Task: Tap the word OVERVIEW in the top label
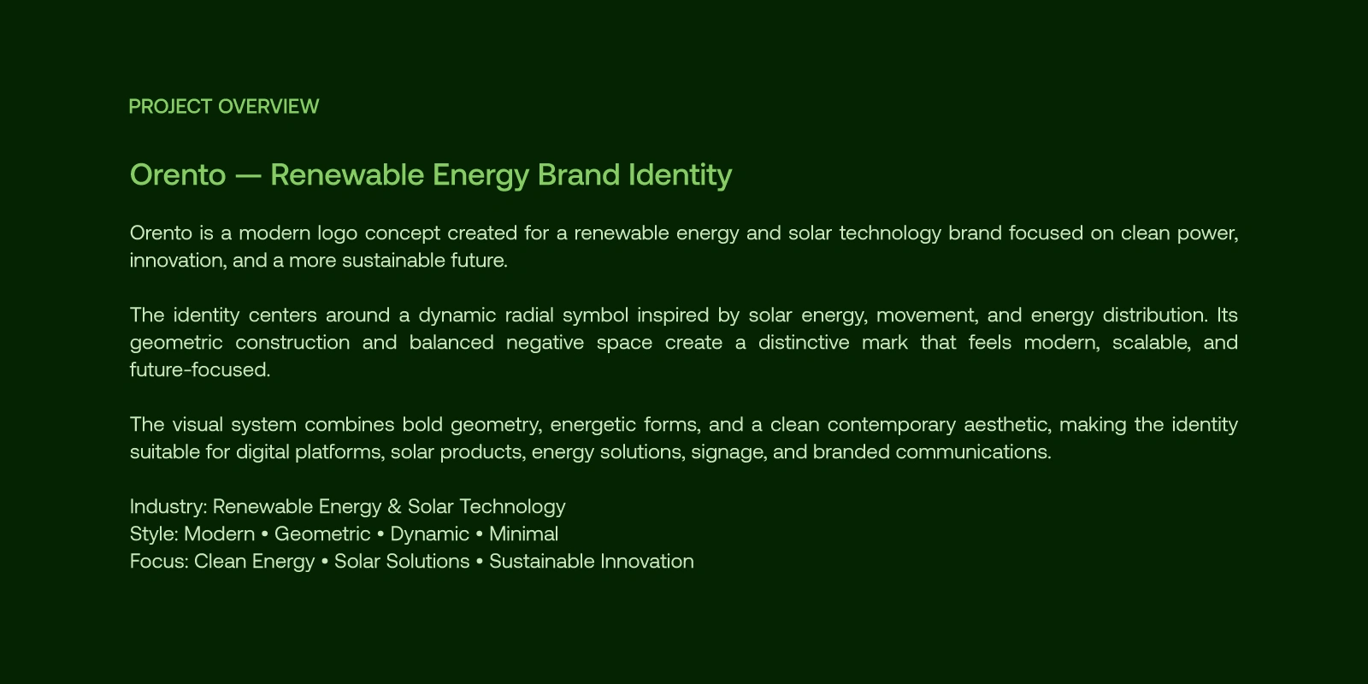268,107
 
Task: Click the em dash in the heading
248,176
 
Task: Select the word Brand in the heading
579,174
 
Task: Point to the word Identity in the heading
681,176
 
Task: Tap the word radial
529,315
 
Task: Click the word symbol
595,315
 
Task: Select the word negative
545,344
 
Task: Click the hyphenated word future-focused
200,370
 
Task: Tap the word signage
729,453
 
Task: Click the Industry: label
168,507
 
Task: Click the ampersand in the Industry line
394,507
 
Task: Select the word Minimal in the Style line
523,534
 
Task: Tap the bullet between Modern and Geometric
264,534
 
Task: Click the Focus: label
159,562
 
